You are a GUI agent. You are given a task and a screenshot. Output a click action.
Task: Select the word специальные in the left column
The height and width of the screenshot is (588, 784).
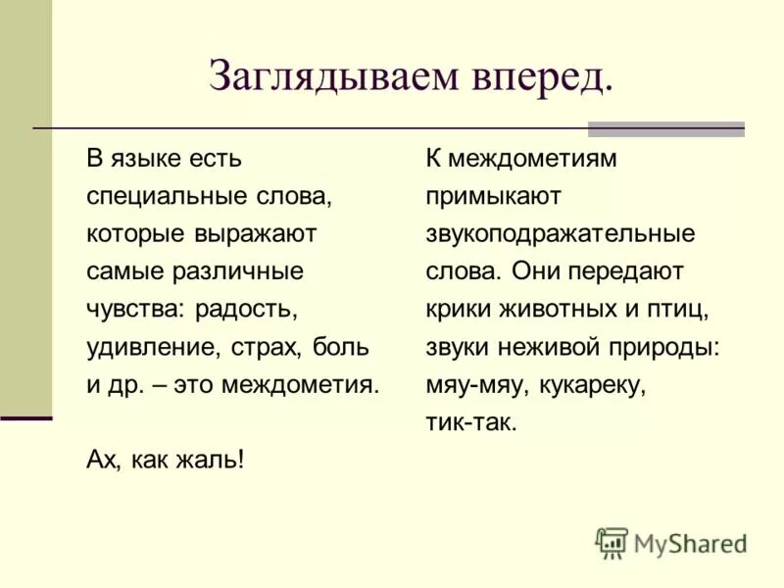[161, 195]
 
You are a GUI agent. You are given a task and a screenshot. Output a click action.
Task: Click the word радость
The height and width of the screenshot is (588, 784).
[245, 309]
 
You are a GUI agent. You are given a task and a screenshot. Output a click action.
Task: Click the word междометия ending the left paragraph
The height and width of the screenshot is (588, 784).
[301, 384]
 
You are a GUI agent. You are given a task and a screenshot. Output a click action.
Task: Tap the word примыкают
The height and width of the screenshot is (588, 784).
[493, 196]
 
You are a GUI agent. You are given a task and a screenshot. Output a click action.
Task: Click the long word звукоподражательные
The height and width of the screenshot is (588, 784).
[561, 233]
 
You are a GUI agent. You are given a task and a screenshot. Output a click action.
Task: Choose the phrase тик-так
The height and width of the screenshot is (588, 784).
[470, 422]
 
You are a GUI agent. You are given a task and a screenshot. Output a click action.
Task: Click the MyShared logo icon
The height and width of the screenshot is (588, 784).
[612, 542]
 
